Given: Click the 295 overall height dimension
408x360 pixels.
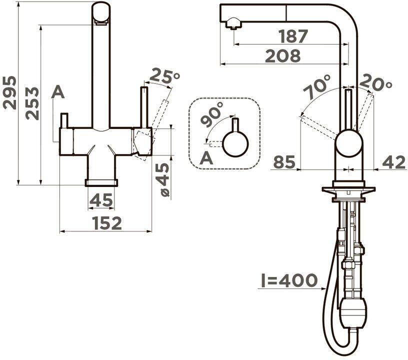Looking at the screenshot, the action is [x=9, y=92].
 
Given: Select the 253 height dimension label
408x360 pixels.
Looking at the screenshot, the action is [x=32, y=103].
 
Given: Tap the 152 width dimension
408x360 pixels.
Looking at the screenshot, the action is [x=107, y=223].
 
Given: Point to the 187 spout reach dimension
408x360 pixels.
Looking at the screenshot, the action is [x=293, y=36].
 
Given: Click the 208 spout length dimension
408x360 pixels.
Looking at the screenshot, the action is [x=283, y=55].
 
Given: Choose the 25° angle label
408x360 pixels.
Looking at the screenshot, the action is [x=164, y=75].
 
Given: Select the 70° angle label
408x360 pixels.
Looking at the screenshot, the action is [x=316, y=86].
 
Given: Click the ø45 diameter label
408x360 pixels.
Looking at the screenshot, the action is [x=163, y=179].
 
